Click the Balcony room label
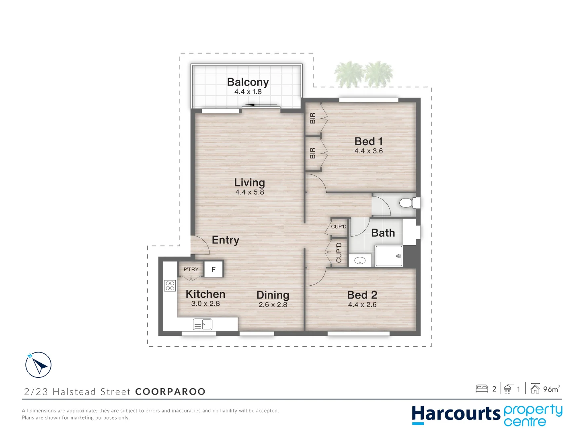point(248,82)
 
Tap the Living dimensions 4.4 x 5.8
point(250,192)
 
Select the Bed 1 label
point(368,141)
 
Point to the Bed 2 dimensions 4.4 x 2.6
point(362,305)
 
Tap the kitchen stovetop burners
point(170,285)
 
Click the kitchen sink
point(203,324)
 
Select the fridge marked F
point(214,270)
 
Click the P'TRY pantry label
point(191,269)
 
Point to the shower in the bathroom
point(389,256)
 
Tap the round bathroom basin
point(360,261)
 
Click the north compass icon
point(38,365)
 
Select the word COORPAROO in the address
point(170,392)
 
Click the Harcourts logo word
point(456,414)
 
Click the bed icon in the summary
point(482,389)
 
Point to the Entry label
point(225,240)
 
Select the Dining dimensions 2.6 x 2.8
point(273,305)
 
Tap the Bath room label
point(383,233)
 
